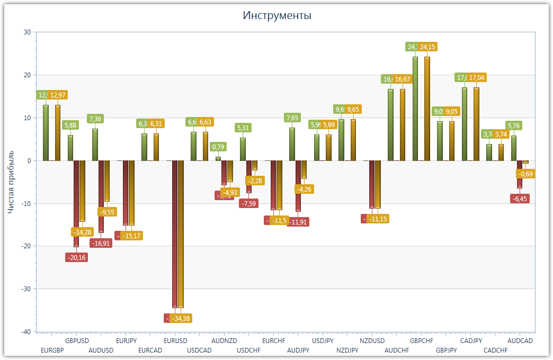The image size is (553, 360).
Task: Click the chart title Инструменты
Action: point(277,15)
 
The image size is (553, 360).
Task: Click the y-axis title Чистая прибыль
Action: point(11,181)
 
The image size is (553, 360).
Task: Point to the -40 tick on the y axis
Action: point(26,331)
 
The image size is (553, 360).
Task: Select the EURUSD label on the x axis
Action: point(175,341)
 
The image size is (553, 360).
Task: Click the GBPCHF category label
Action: point(422,341)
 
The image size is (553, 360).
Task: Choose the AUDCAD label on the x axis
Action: point(520,341)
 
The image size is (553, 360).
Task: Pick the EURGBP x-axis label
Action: point(52,350)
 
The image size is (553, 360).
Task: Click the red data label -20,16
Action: point(76,257)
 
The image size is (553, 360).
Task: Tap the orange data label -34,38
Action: point(181,318)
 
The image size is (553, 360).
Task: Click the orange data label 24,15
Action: point(427,47)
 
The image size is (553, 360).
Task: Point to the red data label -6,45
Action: point(520,199)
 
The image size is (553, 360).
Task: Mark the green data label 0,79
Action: point(218,147)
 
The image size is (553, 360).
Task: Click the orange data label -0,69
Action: point(525,174)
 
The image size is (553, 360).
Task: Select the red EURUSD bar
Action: point(175,233)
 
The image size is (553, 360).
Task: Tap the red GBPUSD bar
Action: point(76,204)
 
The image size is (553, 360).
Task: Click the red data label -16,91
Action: point(101,244)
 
